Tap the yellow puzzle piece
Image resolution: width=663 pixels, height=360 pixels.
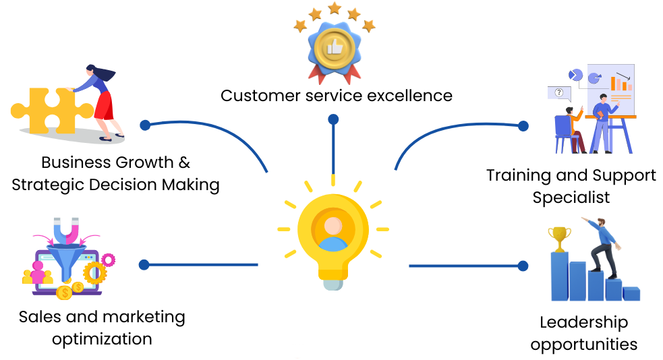51,111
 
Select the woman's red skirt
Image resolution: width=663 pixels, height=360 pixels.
105,106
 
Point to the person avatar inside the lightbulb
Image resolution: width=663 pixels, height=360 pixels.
333,234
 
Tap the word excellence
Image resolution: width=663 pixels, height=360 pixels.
409,96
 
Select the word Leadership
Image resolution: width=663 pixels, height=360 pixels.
583,322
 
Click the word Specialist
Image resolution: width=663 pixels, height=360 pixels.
571,198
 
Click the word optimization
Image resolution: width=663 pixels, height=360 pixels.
102,339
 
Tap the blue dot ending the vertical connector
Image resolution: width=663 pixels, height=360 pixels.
333,119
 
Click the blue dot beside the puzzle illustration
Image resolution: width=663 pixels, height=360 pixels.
145,125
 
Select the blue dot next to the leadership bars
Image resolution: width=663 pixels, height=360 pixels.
523,266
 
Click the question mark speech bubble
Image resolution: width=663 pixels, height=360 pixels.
559,94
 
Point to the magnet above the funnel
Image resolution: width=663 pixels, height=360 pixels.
66,231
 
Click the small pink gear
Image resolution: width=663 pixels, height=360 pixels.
108,260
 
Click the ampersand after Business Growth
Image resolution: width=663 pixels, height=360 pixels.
184,162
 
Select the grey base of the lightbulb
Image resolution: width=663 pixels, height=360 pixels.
333,284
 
